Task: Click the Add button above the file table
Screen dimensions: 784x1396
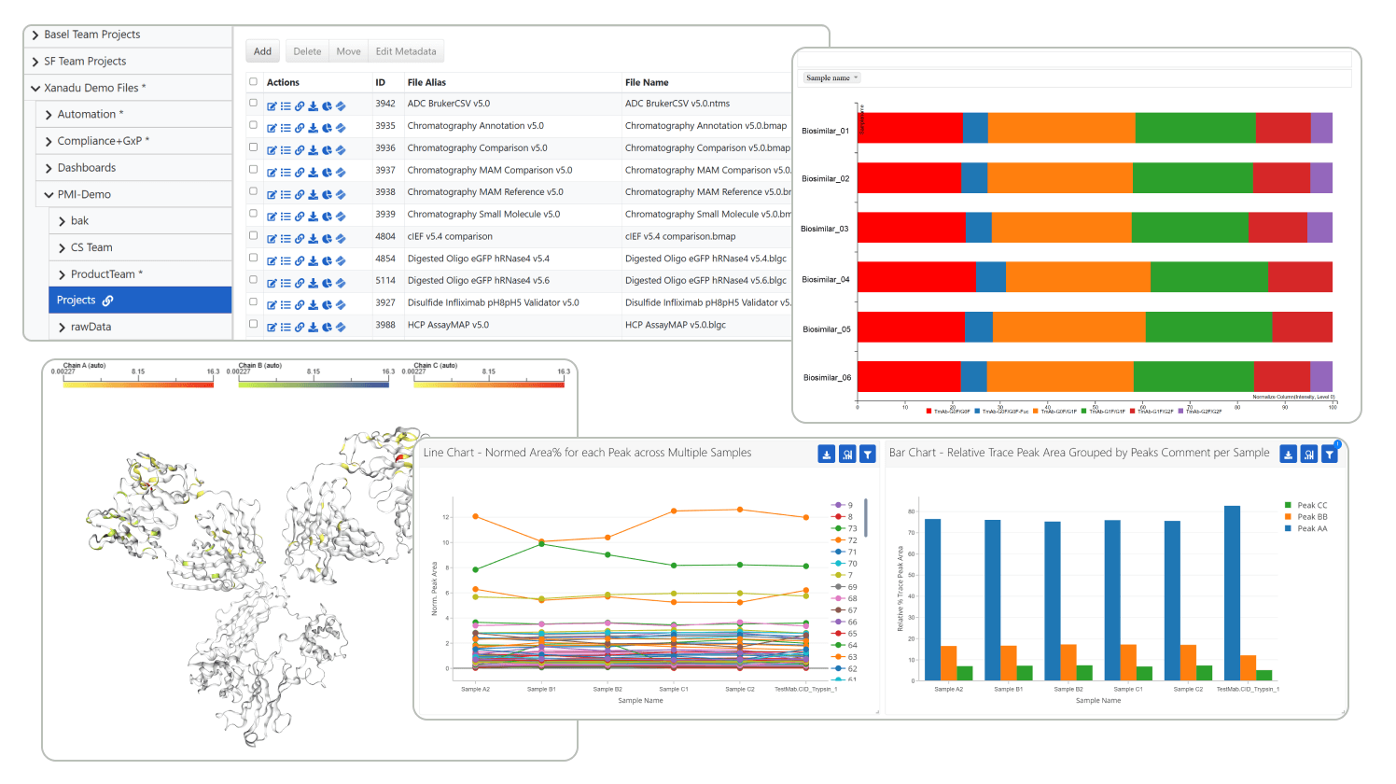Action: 262,51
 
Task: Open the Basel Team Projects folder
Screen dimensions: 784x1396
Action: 91,35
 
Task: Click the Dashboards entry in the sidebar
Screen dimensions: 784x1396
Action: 87,168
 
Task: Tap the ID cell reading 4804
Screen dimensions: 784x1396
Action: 385,236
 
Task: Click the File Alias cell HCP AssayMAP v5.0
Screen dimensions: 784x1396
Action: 448,325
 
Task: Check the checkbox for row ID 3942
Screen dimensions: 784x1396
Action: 253,103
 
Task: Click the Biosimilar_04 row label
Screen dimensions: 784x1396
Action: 826,279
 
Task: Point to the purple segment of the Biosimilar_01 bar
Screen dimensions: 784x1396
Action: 1321,128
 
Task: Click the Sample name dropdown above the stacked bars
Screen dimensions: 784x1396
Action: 831,77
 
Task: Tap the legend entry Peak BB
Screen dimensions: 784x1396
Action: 1311,517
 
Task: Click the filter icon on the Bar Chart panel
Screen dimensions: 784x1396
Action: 1329,455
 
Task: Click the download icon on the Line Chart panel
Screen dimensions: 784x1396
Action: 826,455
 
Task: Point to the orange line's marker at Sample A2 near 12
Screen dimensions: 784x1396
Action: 476,516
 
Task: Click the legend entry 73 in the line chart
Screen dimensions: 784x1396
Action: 852,528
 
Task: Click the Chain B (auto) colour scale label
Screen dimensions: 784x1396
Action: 260,366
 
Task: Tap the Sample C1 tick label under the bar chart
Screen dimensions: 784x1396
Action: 1127,689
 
